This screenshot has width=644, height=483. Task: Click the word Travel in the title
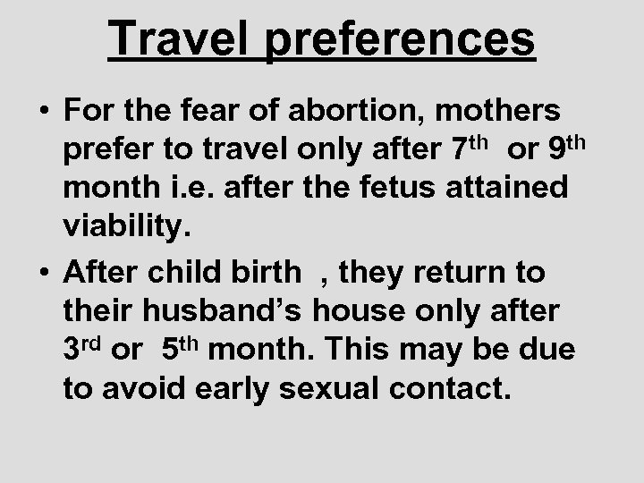(x=176, y=40)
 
